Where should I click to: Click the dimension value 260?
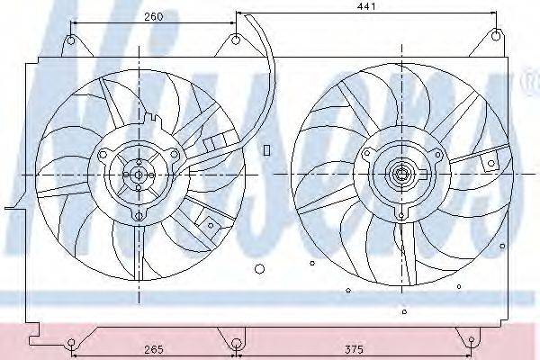[153, 16]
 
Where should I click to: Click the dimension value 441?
[365, 6]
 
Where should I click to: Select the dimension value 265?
[154, 349]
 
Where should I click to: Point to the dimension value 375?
[354, 349]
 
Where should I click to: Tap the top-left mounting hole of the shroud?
[70, 40]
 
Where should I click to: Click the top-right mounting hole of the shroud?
[496, 35]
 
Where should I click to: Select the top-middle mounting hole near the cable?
[236, 40]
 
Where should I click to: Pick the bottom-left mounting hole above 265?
[71, 343]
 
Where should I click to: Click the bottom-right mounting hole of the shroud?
[472, 341]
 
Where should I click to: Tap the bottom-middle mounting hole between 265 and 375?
[236, 344]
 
